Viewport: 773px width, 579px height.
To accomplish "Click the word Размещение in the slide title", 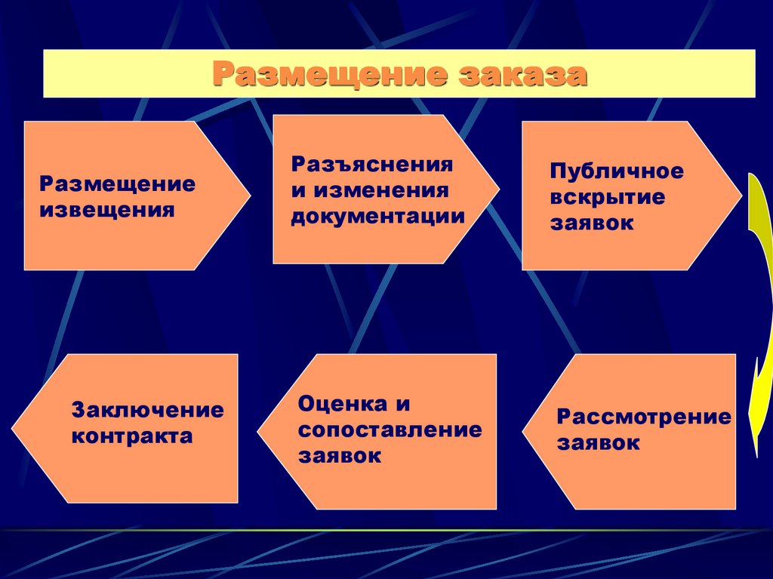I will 329,75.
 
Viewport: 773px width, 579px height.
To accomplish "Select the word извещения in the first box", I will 107,209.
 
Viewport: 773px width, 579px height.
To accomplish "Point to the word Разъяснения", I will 372,165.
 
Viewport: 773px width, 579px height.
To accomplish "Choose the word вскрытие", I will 608,198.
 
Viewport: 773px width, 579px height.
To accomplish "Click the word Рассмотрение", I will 644,417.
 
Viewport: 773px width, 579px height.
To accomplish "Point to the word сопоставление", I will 390,430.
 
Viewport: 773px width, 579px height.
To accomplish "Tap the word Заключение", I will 148,411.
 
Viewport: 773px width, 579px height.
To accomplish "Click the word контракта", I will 132,436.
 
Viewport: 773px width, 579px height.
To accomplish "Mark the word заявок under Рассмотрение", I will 599,443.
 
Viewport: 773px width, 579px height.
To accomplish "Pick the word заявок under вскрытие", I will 592,223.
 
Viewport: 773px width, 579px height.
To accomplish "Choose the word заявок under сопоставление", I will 339,457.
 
